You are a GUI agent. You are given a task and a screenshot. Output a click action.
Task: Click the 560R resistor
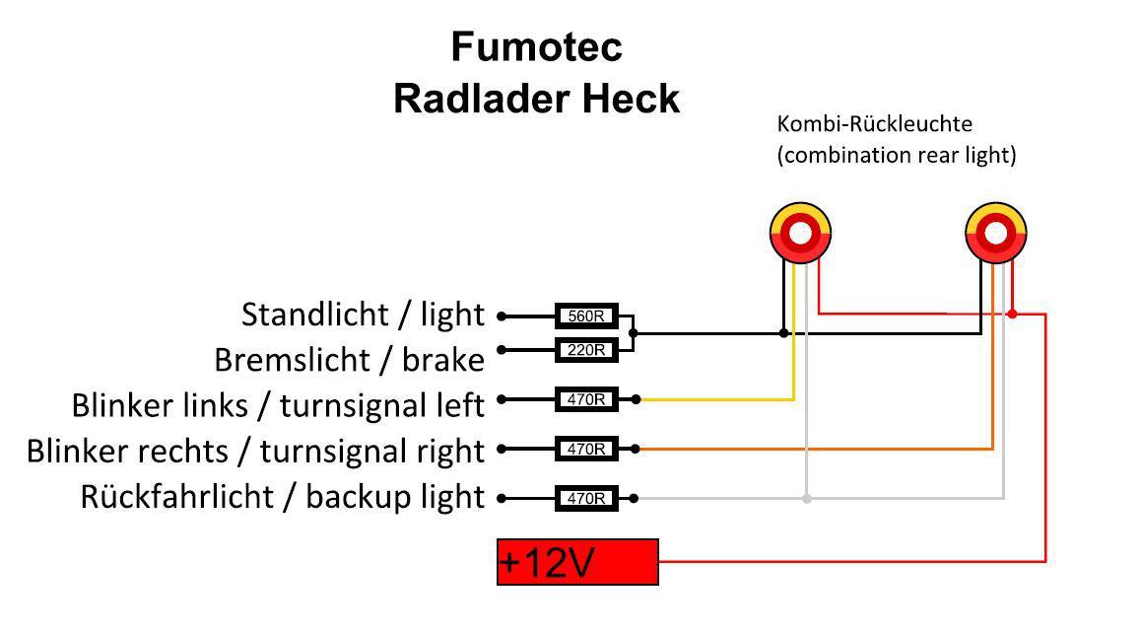point(586,316)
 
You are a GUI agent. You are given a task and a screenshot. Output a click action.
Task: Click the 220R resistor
point(586,349)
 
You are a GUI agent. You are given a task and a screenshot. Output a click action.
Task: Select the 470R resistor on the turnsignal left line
point(586,399)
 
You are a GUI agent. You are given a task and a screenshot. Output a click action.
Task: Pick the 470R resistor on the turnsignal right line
point(586,449)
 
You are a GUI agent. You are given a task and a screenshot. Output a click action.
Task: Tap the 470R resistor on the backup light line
point(586,498)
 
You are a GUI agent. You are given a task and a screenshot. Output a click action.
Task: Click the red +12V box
point(577,562)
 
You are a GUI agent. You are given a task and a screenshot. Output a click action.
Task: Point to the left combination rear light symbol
point(800,234)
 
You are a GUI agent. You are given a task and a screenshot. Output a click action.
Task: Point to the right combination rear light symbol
point(996,234)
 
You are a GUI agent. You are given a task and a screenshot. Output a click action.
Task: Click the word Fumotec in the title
point(536,46)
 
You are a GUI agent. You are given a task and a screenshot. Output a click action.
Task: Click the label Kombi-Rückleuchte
point(874,124)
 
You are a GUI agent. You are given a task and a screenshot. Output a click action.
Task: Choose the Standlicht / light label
point(363,315)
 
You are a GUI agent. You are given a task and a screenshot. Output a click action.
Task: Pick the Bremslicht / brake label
point(349,360)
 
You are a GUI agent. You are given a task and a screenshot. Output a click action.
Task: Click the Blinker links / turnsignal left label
point(278,405)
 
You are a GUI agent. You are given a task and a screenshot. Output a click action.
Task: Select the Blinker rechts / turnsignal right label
point(255,451)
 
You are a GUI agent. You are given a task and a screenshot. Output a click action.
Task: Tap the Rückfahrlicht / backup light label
point(282,496)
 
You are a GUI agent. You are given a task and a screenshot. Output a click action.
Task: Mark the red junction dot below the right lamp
point(1012,315)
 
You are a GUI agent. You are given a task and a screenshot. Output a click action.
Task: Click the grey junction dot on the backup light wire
point(807,499)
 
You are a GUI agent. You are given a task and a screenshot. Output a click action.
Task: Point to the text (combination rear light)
point(896,155)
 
